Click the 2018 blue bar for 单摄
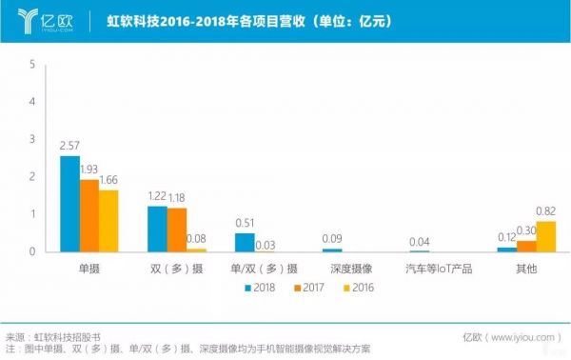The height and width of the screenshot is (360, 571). [x=69, y=204]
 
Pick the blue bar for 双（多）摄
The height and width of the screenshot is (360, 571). [x=157, y=229]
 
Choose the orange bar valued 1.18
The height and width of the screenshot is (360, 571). [x=176, y=230]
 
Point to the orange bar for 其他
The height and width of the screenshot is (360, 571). [x=525, y=246]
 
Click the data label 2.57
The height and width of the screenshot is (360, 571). [x=69, y=146]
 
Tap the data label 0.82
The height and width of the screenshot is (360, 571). [x=545, y=211]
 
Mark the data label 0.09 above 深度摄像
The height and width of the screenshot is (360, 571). [x=332, y=237]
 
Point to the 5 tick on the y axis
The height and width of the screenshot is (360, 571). [x=33, y=65]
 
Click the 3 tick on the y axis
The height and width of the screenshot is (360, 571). [x=33, y=140]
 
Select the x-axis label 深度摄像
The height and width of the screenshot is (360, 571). [x=332, y=269]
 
